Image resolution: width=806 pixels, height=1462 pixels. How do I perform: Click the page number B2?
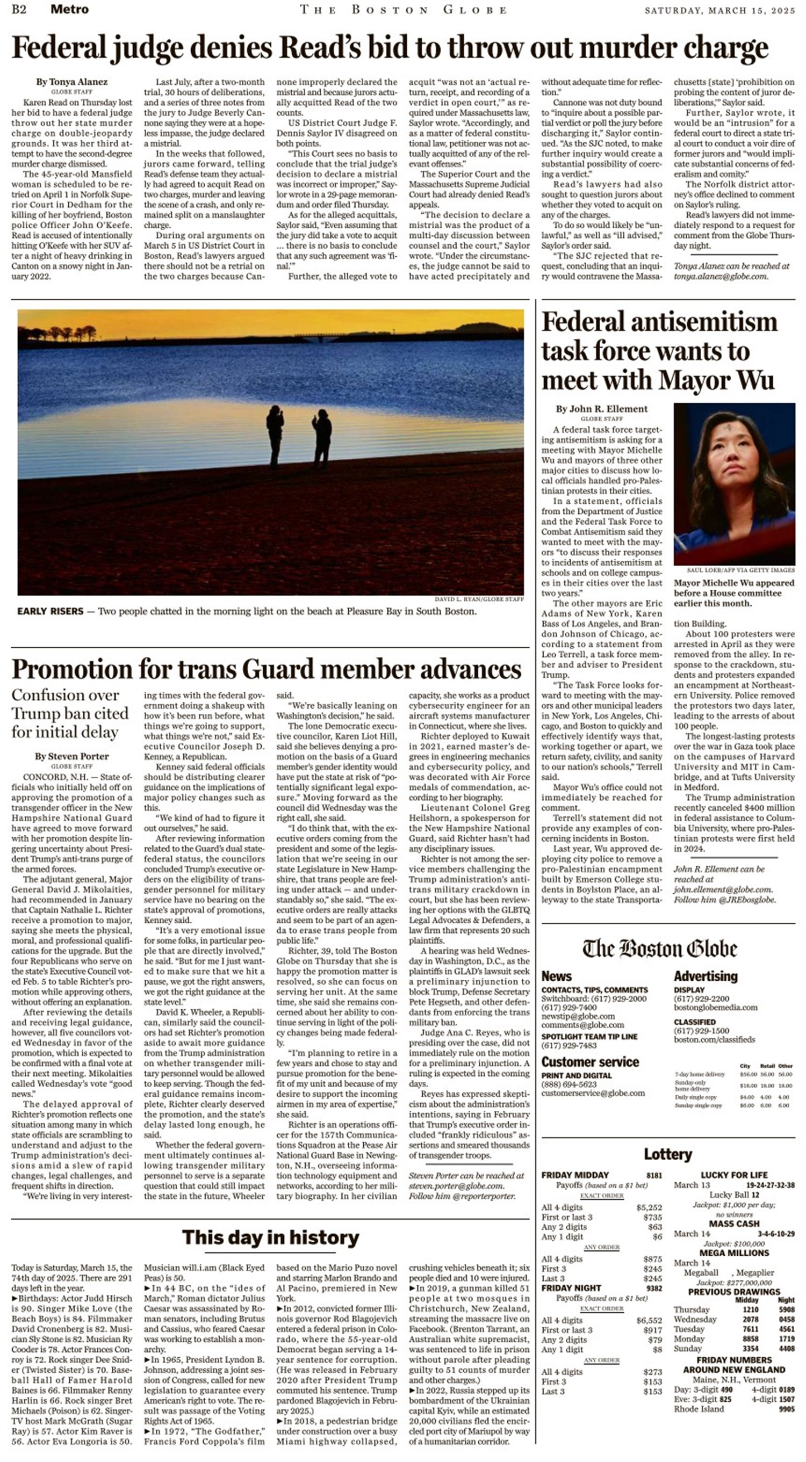19,9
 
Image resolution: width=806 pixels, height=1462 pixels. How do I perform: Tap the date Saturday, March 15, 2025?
719,10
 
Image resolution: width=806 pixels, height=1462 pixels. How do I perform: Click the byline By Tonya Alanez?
71,82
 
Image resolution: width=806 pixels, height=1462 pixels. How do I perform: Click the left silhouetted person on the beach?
275,435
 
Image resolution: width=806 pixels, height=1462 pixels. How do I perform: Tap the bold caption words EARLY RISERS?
50,611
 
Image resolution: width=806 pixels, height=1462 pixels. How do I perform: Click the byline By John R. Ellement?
601,409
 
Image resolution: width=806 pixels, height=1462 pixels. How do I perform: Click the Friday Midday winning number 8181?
653,1175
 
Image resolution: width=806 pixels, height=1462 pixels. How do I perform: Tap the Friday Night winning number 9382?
653,1289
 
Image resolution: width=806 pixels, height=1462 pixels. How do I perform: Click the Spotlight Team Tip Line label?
588,1036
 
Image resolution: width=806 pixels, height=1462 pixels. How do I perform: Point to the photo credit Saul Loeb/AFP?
739,570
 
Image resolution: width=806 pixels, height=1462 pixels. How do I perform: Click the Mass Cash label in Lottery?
734,1224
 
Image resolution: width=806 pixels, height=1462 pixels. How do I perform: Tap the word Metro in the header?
69,9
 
